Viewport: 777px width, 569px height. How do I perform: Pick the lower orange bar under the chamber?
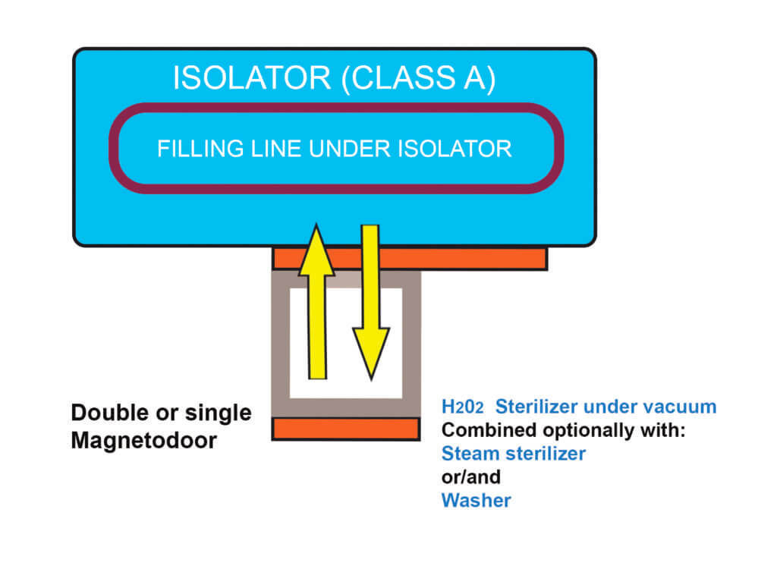345,429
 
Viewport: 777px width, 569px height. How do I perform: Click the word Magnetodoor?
143,440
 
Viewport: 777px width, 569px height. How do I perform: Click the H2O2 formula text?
463,407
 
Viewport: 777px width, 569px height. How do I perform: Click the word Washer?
476,501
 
